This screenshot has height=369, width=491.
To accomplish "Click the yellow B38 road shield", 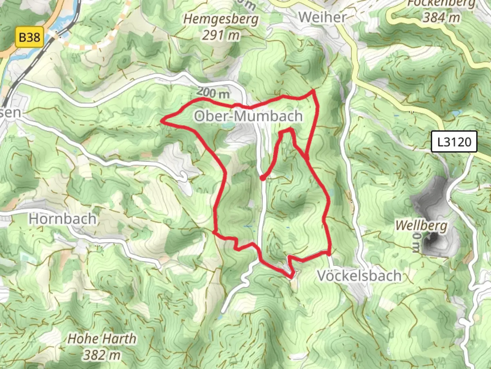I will click(30, 37).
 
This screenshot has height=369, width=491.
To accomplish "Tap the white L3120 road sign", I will click(454, 141).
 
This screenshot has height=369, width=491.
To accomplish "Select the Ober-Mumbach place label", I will click(248, 116).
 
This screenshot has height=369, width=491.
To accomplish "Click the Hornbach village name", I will click(62, 219).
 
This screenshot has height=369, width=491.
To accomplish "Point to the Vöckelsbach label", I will click(359, 275).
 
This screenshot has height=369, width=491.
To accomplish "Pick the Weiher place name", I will click(322, 17).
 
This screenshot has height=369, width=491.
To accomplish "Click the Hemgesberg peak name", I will click(221, 19).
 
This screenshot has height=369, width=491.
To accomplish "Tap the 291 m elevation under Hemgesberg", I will click(221, 35).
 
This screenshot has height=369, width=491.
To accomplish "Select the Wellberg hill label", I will click(421, 225).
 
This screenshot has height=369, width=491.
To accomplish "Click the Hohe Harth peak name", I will click(102, 339).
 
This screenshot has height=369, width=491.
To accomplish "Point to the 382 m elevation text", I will click(102, 355).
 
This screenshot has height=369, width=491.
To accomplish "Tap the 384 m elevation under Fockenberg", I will click(441, 17).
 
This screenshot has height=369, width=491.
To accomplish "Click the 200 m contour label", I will click(213, 92).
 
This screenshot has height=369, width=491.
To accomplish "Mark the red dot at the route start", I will click(262, 178).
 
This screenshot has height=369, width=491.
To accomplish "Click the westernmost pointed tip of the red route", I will click(162, 120).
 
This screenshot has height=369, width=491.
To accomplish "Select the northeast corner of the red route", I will click(313, 91).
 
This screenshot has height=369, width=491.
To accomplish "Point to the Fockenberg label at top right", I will click(441, 3).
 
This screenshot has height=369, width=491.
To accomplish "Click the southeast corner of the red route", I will click(329, 254).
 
